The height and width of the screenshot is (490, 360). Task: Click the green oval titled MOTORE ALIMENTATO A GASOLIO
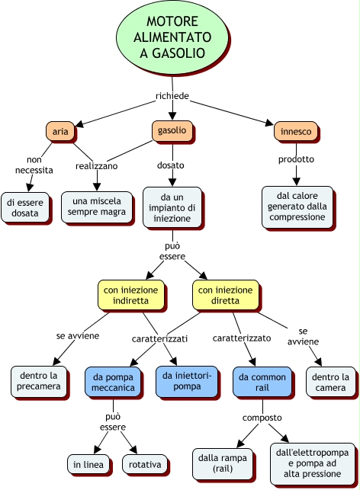click(172, 37)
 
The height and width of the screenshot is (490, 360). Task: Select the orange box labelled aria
click(60, 131)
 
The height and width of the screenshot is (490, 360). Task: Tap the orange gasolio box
click(172, 130)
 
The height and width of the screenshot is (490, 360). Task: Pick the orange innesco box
click(296, 131)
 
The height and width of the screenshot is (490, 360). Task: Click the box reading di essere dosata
click(24, 207)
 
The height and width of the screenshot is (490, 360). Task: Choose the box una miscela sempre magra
click(97, 207)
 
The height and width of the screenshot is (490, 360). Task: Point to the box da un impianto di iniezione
click(172, 207)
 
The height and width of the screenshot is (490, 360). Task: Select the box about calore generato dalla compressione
click(297, 207)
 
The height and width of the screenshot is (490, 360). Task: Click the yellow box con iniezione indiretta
click(130, 295)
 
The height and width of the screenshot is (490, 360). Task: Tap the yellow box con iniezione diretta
click(225, 295)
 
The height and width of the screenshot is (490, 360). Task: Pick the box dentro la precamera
click(38, 381)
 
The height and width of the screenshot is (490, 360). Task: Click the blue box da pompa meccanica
click(113, 383)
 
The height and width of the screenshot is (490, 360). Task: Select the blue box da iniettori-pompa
click(187, 382)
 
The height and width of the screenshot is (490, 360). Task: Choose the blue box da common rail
click(262, 383)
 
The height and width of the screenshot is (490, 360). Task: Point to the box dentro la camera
click(330, 383)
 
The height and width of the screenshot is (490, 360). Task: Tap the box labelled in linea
click(88, 464)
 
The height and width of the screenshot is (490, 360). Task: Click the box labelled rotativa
click(145, 464)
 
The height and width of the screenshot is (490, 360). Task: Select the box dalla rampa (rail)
click(223, 463)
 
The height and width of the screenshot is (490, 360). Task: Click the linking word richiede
click(172, 95)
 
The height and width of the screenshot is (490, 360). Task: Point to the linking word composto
click(262, 418)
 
